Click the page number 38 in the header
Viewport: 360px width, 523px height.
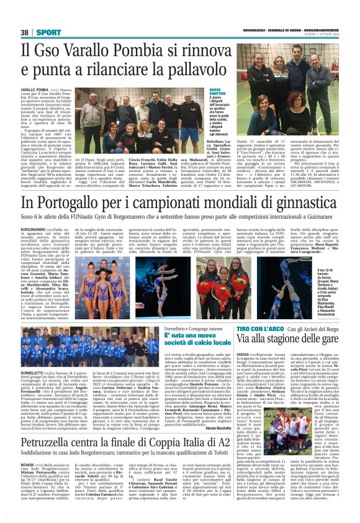(25, 32)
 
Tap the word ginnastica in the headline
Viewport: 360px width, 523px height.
(295, 204)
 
